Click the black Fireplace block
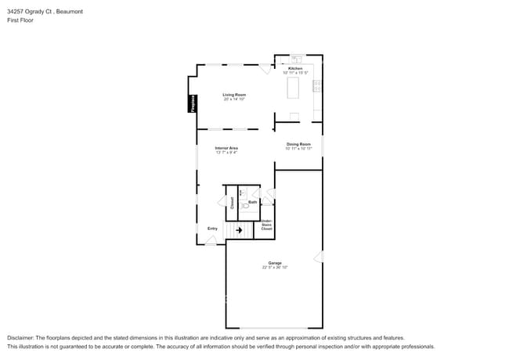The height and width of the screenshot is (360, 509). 190,104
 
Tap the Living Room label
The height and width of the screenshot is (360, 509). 234,95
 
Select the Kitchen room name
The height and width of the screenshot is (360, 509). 295,69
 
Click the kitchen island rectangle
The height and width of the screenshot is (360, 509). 294,88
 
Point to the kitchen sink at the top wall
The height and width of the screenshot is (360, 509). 297,59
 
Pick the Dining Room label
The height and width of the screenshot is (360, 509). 298,144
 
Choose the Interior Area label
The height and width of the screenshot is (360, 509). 227,147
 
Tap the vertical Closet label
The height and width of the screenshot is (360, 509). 232,201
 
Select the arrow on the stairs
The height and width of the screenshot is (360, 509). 240,230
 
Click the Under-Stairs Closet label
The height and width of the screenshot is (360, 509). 266,225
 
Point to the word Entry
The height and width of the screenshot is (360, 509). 212,229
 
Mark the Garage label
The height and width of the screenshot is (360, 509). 275,263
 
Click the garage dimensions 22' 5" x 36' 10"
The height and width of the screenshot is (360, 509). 275,268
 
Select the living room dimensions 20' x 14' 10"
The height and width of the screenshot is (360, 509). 234,99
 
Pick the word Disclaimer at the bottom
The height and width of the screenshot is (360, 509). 21,337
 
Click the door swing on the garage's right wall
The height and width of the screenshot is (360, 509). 318,256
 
